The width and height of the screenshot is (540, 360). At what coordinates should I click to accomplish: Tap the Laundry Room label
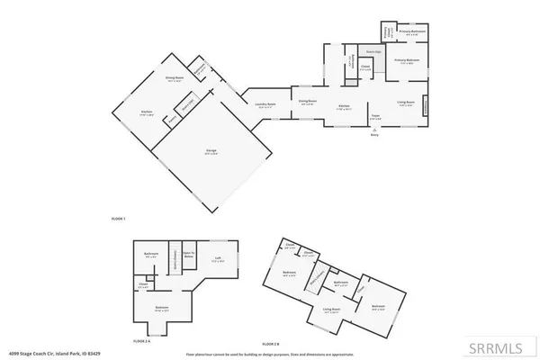265,104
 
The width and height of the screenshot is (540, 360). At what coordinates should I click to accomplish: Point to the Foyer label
375,117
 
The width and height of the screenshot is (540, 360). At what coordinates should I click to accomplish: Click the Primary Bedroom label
408,61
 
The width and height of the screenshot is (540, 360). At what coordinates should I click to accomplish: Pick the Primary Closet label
384,33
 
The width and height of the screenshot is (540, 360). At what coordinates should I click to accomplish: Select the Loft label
217,260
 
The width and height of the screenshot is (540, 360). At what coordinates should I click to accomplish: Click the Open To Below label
189,255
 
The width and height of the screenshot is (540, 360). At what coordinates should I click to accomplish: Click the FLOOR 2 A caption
141,342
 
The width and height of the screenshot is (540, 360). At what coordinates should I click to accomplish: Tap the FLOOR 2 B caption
270,345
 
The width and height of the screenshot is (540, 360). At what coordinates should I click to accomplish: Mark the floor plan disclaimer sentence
270,355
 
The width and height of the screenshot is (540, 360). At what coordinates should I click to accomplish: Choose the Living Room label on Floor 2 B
331,310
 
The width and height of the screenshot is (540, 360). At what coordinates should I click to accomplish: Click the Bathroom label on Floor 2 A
151,256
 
